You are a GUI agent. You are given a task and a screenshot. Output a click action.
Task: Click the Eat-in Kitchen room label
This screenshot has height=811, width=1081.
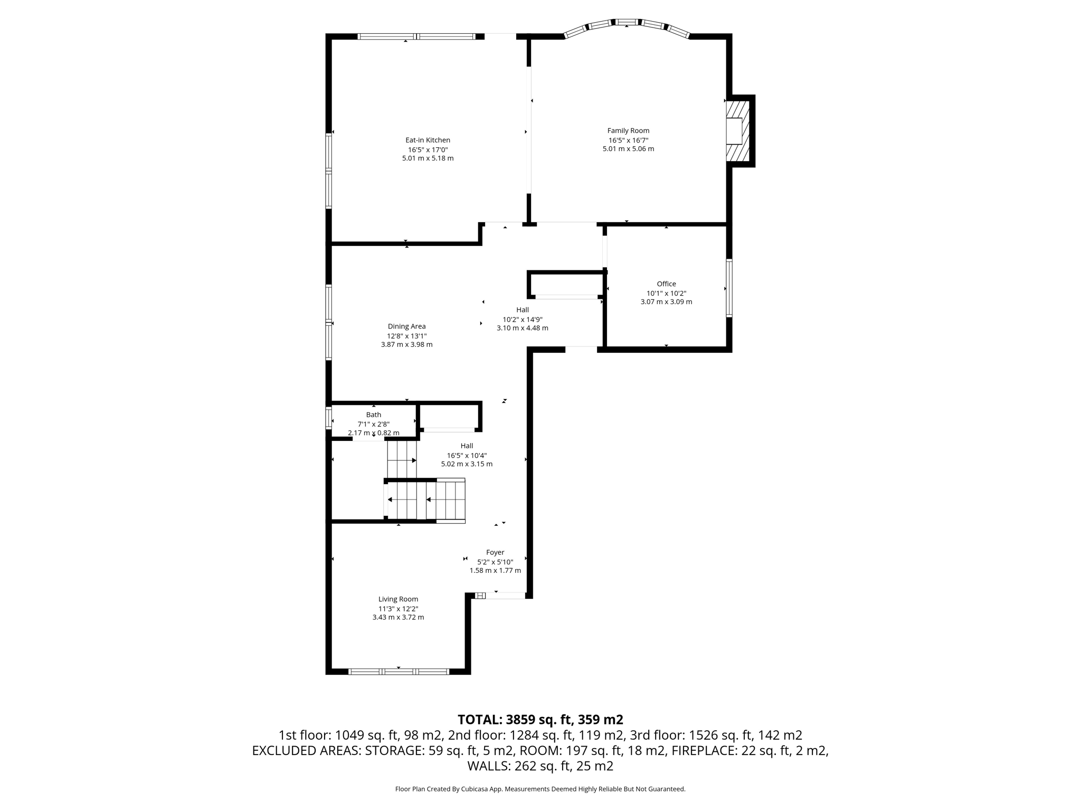pyautogui.click(x=428, y=140)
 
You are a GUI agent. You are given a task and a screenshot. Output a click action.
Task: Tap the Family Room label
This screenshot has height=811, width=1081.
pyautogui.click(x=628, y=130)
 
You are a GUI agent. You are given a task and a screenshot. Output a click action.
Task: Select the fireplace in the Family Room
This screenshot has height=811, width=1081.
pyautogui.click(x=737, y=131)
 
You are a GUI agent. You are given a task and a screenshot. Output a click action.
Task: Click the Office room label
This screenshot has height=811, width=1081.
pyautogui.click(x=666, y=284)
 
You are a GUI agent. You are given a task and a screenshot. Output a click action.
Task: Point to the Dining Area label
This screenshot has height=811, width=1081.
pyautogui.click(x=406, y=326)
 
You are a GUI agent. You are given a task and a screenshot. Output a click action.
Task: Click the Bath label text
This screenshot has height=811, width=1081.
pyautogui.click(x=374, y=414)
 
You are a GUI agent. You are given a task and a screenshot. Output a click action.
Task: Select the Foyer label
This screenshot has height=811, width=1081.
pyautogui.click(x=495, y=552)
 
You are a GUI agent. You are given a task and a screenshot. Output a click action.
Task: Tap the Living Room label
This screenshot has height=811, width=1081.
pyautogui.click(x=398, y=599)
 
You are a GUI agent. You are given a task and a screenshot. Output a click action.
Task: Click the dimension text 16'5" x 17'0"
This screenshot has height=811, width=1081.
pyautogui.click(x=428, y=149)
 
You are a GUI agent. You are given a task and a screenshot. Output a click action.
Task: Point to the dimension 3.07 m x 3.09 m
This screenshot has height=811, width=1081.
pyautogui.click(x=666, y=302)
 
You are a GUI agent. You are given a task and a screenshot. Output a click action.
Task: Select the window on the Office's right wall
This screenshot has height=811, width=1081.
pyautogui.click(x=729, y=288)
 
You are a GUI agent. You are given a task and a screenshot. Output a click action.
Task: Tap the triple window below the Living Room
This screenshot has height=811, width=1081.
pyautogui.click(x=399, y=672)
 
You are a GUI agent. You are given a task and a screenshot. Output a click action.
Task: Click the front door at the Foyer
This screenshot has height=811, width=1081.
pyautogui.click(x=505, y=596)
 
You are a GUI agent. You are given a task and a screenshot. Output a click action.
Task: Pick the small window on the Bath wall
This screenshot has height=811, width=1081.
pyautogui.click(x=329, y=417)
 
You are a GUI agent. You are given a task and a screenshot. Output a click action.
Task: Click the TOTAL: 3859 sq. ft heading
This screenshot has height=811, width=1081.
pyautogui.click(x=540, y=719)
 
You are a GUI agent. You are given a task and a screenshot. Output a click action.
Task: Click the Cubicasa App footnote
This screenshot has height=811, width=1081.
pyautogui.click(x=540, y=789)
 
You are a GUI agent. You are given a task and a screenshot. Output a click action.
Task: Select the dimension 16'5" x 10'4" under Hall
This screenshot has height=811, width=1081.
pyautogui.click(x=467, y=455)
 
